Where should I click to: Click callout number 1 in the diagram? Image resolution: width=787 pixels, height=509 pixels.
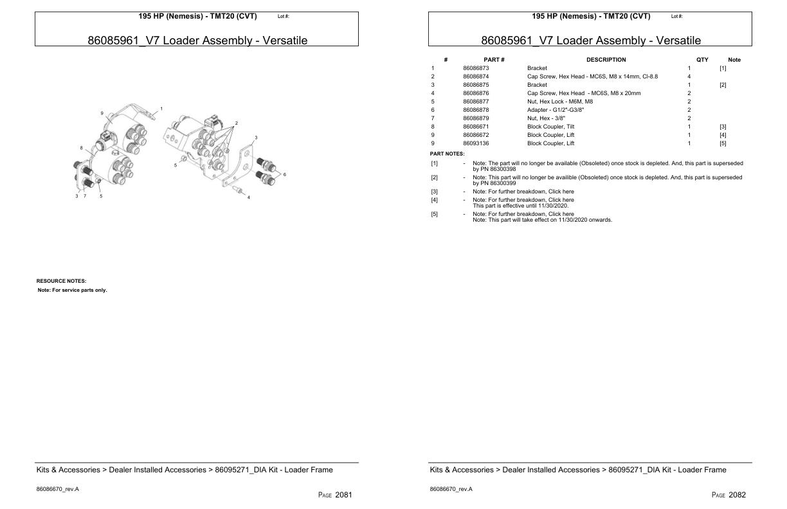(161, 109)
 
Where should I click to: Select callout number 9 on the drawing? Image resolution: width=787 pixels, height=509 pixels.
(102, 113)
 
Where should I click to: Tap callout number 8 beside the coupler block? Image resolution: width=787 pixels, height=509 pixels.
(81, 148)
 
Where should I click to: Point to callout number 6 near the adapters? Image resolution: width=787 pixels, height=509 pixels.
(284, 174)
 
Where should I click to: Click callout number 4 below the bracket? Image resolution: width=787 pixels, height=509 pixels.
(249, 197)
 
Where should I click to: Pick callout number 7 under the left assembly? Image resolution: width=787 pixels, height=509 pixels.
(84, 196)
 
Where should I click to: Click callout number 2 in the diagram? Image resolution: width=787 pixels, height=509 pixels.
(237, 123)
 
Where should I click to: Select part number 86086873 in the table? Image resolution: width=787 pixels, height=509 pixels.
(476, 68)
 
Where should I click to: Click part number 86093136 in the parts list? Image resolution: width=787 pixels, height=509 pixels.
(476, 143)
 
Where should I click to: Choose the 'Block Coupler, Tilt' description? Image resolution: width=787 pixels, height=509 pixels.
(550, 127)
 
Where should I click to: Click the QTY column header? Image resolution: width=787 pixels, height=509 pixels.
(702, 60)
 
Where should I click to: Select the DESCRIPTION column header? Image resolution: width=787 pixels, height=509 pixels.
(606, 60)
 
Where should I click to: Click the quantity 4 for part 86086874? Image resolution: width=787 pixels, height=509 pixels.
(689, 76)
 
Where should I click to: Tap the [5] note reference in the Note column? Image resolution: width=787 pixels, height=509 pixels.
(723, 143)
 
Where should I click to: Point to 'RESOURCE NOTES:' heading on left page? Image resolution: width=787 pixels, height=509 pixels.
(61, 281)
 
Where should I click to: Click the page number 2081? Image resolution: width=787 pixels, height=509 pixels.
(343, 495)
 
